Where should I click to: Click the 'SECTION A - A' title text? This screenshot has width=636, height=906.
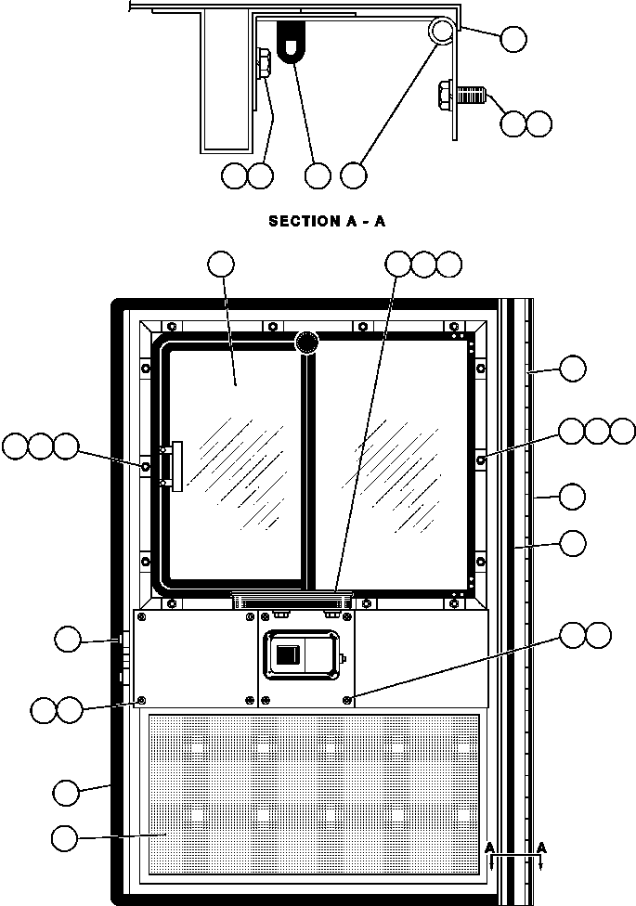[327, 221]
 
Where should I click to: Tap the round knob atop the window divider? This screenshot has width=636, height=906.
[306, 343]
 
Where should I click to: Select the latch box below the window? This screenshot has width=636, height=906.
[301, 654]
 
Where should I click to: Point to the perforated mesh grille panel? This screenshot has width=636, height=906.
[314, 795]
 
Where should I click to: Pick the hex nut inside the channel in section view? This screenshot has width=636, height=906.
[262, 63]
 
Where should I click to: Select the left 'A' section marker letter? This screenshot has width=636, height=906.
[489, 848]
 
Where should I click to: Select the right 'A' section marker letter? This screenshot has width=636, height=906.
[541, 848]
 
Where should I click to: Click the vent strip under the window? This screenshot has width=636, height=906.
[292, 599]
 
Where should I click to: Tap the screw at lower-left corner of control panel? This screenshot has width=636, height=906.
[141, 700]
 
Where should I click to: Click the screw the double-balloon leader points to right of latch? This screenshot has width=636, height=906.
[347, 700]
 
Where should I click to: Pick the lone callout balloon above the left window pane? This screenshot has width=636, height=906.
[221, 264]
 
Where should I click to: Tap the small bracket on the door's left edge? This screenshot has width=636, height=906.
[120, 640]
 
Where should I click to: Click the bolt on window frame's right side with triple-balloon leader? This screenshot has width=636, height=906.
[482, 459]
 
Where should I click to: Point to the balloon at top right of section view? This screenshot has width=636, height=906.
[513, 39]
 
